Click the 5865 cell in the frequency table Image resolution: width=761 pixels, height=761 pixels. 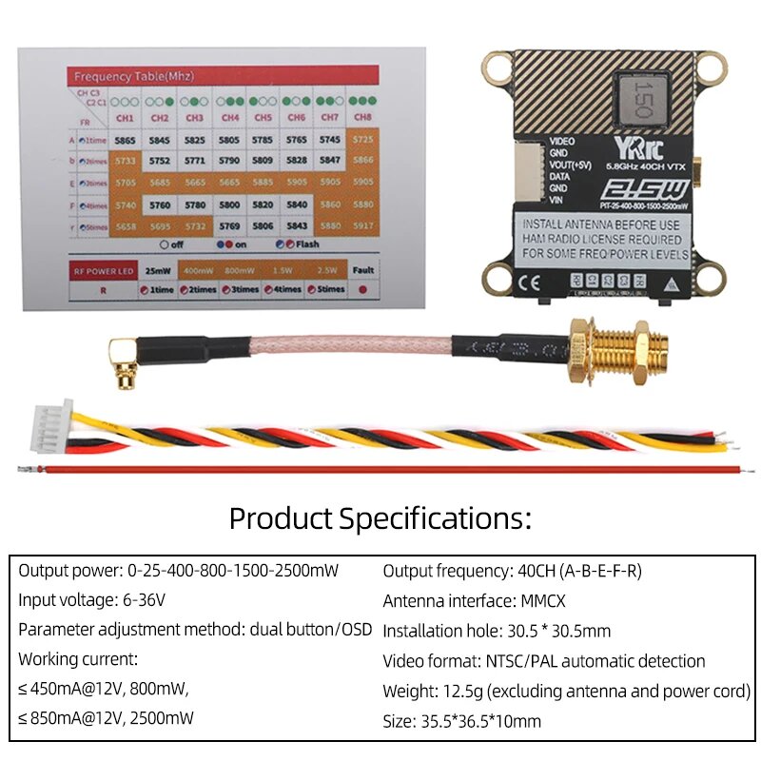tap(125, 140)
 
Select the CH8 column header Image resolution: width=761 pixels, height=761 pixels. tap(362, 117)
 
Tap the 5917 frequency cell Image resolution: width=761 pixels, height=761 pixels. tap(362, 225)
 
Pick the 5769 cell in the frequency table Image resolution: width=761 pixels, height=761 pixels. tap(229, 225)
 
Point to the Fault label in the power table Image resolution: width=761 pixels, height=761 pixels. tap(361, 270)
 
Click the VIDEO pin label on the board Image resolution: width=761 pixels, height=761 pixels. tap(563, 141)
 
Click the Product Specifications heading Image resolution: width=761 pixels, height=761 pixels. tap(380, 518)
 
